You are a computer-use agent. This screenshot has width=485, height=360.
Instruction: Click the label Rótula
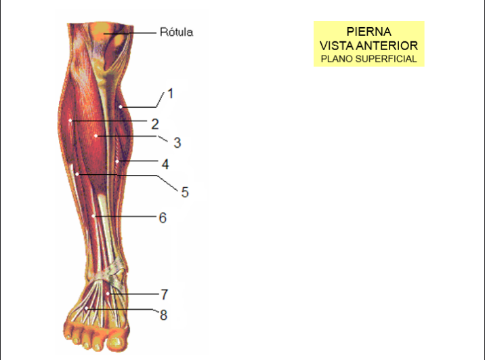176,32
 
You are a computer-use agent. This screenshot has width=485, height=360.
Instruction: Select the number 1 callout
170,94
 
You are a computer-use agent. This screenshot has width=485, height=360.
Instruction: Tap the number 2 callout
155,124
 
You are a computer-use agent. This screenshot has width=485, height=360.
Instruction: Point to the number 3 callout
177,142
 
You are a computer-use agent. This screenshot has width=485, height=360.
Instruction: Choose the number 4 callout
165,164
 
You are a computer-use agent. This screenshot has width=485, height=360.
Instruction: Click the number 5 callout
185,193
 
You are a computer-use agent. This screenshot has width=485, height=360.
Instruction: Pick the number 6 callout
163,218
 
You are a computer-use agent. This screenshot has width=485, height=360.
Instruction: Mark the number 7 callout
165,294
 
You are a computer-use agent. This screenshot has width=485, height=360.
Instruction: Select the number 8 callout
163,315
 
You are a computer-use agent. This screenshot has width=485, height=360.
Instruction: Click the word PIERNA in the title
368,32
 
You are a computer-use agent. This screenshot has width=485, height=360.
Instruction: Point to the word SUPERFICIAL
386,59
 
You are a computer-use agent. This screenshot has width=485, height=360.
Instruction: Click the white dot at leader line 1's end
121,107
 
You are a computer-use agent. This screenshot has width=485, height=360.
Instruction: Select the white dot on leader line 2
70,121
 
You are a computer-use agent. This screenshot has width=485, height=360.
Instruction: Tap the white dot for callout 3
96,136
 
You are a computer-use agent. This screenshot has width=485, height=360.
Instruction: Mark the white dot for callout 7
108,294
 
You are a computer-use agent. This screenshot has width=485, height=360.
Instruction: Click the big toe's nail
116,342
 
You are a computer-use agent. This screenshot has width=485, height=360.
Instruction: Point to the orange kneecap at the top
102,32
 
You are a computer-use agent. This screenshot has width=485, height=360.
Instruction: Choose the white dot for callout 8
87,308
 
